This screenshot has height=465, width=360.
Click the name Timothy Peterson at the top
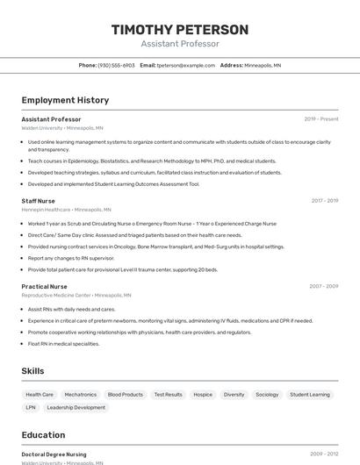tap(180, 30)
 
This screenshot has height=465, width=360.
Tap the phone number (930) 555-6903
tap(116, 65)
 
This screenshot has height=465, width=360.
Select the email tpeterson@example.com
tap(185, 65)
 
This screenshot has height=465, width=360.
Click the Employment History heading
tap(65, 100)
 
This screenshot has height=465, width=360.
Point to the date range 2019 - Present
tap(321, 119)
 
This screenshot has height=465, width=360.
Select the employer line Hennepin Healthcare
tap(66, 210)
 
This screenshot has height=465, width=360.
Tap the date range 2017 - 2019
tap(325, 201)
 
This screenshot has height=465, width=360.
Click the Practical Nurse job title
tap(44, 286)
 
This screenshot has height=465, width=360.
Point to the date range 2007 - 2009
tap(324, 286)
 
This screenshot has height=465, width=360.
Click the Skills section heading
tap(32, 371)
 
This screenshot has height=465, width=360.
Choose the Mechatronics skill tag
tap(81, 395)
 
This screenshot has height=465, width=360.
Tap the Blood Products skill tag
tap(126, 395)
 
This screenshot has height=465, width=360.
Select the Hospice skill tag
tap(203, 395)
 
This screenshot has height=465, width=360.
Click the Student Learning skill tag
tap(310, 395)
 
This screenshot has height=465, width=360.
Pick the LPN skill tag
tap(31, 407)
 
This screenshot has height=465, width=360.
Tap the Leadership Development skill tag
tap(76, 407)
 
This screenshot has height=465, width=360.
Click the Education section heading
tap(43, 435)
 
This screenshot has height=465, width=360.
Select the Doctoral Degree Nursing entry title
tap(54, 454)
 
